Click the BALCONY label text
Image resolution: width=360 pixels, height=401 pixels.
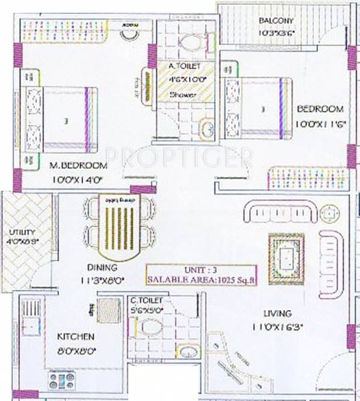(277, 20)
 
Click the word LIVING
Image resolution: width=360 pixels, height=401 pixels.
(277, 313)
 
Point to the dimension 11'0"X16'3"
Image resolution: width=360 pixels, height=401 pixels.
(277, 327)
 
